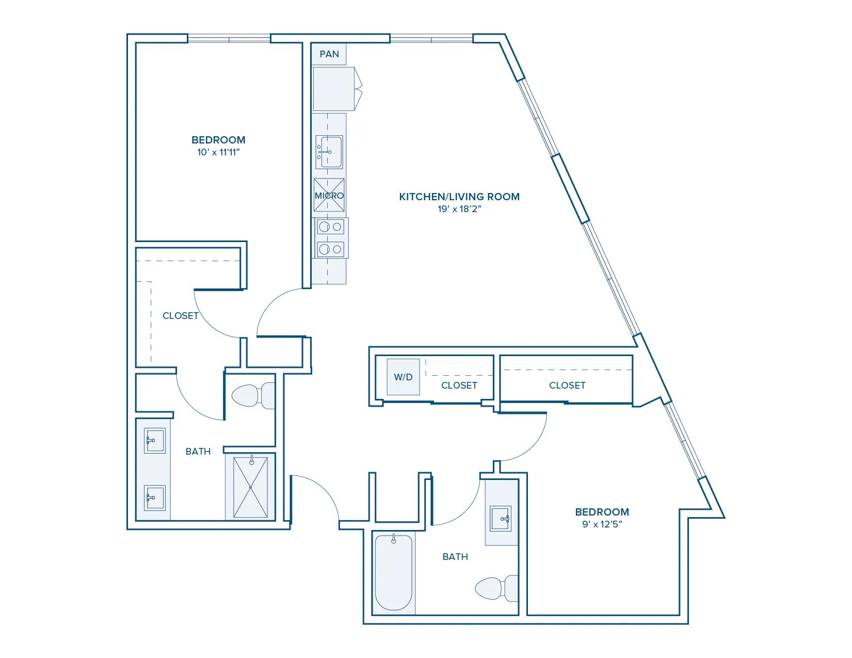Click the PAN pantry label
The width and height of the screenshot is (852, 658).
(329, 54)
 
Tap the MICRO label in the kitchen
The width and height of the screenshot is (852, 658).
(329, 195)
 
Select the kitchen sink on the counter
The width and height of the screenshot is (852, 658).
(329, 152)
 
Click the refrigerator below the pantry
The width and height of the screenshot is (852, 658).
(337, 89)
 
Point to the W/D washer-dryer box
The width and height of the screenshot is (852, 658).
(403, 377)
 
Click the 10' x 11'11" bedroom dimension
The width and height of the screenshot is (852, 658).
(218, 152)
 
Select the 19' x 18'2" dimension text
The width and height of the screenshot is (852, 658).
(459, 209)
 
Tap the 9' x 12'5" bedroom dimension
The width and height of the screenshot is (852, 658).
(602, 524)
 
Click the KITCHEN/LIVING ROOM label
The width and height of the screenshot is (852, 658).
(459, 197)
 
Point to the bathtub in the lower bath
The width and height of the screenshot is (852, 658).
(394, 572)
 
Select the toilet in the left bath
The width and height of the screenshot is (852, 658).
(253, 396)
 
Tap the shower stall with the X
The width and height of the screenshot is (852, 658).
(250, 487)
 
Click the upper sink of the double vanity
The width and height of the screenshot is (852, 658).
(154, 440)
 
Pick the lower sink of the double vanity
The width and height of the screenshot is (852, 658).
(154, 498)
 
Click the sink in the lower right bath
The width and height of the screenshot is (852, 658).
(501, 518)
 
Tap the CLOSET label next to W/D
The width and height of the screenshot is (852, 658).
(459, 386)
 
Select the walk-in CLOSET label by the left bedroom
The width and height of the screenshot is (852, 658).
(180, 316)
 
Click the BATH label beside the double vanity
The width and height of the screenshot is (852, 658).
(198, 452)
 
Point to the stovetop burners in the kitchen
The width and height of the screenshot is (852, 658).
(330, 237)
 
